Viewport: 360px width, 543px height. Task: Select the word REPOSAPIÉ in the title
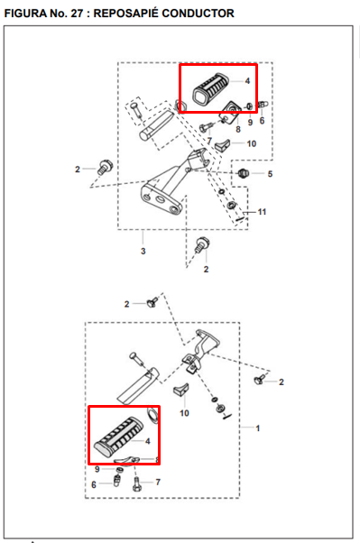pyautogui.click(x=125, y=13)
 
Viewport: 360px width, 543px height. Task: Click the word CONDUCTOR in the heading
pyautogui.click(x=198, y=14)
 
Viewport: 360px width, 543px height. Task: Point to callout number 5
pyautogui.click(x=270, y=174)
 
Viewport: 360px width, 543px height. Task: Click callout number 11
pyautogui.click(x=262, y=212)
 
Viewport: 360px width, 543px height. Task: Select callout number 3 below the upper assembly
pyautogui.click(x=143, y=251)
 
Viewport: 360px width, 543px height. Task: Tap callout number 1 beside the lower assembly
pyautogui.click(x=257, y=428)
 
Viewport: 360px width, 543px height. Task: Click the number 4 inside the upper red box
pyautogui.click(x=247, y=80)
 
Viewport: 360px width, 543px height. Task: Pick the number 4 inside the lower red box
pyautogui.click(x=148, y=441)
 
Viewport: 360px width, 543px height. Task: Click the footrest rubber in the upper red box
pyautogui.click(x=212, y=88)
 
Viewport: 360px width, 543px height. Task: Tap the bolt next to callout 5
pyautogui.click(x=244, y=172)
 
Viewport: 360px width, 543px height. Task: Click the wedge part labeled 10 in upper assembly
pyautogui.click(x=223, y=144)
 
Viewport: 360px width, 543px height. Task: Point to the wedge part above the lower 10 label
pyautogui.click(x=180, y=390)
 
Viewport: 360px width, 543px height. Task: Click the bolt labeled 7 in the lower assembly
pyautogui.click(x=136, y=483)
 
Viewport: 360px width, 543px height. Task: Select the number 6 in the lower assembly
pyautogui.click(x=94, y=484)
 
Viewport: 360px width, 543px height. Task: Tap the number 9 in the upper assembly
pyautogui.click(x=250, y=123)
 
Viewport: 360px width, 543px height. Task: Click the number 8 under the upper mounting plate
pyautogui.click(x=237, y=129)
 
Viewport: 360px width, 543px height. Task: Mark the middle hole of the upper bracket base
pyautogui.click(x=160, y=199)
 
